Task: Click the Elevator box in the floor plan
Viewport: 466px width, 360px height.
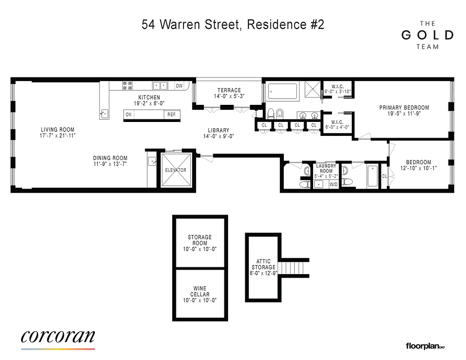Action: click(x=175, y=170)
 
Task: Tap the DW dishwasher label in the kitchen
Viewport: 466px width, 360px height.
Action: click(x=179, y=86)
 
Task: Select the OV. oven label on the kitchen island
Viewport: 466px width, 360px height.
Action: click(x=129, y=115)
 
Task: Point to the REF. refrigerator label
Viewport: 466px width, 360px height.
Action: click(x=172, y=115)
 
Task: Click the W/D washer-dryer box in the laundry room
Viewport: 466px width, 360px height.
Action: click(x=334, y=184)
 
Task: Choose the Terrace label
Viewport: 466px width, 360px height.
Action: click(x=229, y=90)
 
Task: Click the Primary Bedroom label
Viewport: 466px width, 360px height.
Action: click(x=404, y=108)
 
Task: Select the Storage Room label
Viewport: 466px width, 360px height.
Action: click(x=200, y=240)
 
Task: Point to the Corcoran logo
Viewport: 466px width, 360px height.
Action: click(x=58, y=337)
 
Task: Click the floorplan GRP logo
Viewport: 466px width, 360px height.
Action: click(x=425, y=346)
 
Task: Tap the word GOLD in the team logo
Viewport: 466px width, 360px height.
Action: click(x=427, y=35)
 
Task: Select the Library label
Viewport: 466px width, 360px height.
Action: click(x=219, y=130)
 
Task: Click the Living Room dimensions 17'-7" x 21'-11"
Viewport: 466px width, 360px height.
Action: click(x=57, y=135)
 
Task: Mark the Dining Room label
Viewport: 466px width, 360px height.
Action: click(x=110, y=158)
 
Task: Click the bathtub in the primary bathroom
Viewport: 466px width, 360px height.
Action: click(x=282, y=91)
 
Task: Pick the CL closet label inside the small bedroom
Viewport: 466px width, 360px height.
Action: click(x=384, y=176)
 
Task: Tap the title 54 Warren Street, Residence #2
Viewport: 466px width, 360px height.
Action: click(x=233, y=24)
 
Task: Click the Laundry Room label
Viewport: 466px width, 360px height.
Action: click(x=326, y=168)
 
